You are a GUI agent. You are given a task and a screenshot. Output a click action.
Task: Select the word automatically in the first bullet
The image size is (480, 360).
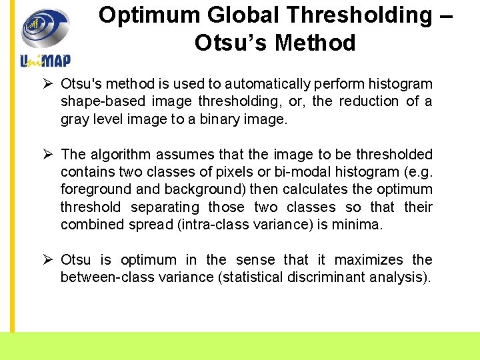point(267,84)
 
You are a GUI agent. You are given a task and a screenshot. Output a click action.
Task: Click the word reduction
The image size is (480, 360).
point(368,101)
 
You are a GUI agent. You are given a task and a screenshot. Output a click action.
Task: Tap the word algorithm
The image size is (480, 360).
point(117,154)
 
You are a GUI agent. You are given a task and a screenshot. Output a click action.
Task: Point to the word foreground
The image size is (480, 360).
point(93,189)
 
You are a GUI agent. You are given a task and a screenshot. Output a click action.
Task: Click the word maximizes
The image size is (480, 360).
point(369,259)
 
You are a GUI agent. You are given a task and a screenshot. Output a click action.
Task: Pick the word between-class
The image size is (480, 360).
point(103,277)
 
